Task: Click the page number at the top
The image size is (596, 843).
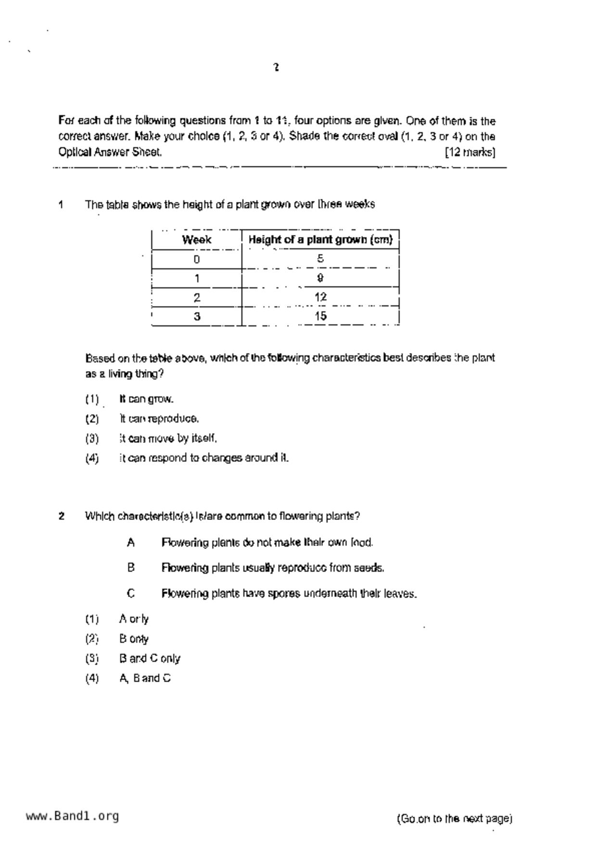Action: coord(276,67)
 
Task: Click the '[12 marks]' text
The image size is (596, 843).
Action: coord(470,152)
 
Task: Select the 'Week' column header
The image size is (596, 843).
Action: coord(196,240)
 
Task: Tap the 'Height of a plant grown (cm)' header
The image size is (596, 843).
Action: coord(320,240)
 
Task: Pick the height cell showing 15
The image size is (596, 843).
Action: coord(320,316)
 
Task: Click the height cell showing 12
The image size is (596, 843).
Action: coord(320,297)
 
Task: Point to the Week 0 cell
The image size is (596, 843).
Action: coord(196,260)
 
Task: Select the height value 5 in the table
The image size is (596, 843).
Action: coord(320,259)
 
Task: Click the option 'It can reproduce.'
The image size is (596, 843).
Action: coord(159,419)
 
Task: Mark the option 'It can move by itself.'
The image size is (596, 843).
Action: coord(168,438)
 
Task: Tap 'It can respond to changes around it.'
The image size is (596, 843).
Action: coord(204,458)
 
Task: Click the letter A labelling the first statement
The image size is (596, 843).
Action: coord(131,543)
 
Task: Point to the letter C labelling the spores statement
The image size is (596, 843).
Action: coord(131,594)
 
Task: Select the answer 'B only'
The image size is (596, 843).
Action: coord(134,639)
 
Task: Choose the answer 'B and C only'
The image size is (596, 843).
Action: coord(150,658)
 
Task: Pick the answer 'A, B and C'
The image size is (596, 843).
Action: coord(145,678)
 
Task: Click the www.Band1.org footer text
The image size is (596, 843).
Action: coord(72,816)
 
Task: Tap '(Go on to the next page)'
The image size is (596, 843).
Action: coord(455,818)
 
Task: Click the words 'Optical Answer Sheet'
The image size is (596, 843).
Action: coord(110,152)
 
